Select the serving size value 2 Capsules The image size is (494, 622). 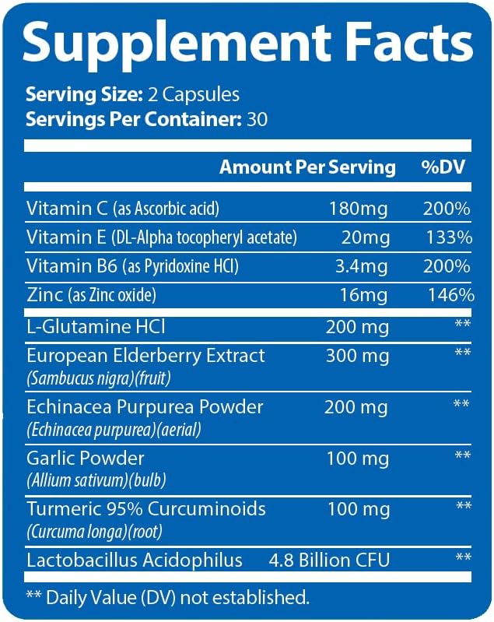(x=194, y=95)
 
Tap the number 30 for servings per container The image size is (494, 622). (x=257, y=119)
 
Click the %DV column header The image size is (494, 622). (x=443, y=167)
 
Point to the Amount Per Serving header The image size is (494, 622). (x=307, y=167)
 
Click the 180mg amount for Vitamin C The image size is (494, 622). (x=358, y=209)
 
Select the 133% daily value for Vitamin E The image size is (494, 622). (x=449, y=237)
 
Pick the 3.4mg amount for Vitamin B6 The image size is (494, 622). (x=361, y=266)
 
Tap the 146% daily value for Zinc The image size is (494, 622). (x=451, y=295)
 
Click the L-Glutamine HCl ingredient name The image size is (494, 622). (x=96, y=327)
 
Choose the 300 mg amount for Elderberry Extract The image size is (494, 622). (x=357, y=356)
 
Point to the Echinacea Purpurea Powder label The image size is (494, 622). (x=145, y=407)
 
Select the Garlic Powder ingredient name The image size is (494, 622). (x=86, y=459)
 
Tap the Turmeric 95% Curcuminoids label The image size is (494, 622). (x=146, y=509)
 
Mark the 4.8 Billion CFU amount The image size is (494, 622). (x=329, y=561)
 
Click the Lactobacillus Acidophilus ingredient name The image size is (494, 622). (x=135, y=561)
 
